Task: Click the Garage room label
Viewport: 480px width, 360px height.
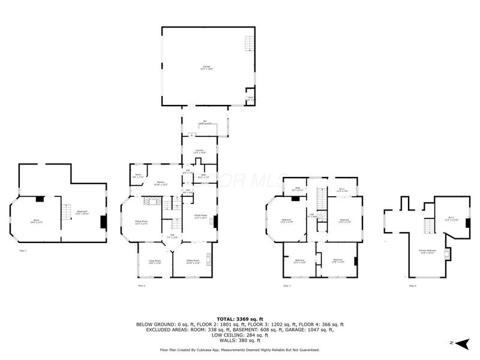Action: click(206, 67)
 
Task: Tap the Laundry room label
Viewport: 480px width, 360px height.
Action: click(200, 151)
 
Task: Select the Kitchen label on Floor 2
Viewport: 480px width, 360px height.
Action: click(161, 183)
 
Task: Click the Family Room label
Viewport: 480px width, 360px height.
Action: click(200, 216)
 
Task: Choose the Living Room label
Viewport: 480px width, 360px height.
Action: click(155, 261)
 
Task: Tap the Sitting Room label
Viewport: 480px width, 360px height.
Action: click(191, 261)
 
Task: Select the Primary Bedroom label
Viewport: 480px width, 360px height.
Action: click(427, 251)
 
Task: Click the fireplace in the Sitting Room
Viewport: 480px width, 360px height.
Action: click(209, 259)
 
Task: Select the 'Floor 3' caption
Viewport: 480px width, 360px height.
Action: click(287, 286)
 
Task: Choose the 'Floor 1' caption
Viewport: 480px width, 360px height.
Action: click(23, 250)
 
